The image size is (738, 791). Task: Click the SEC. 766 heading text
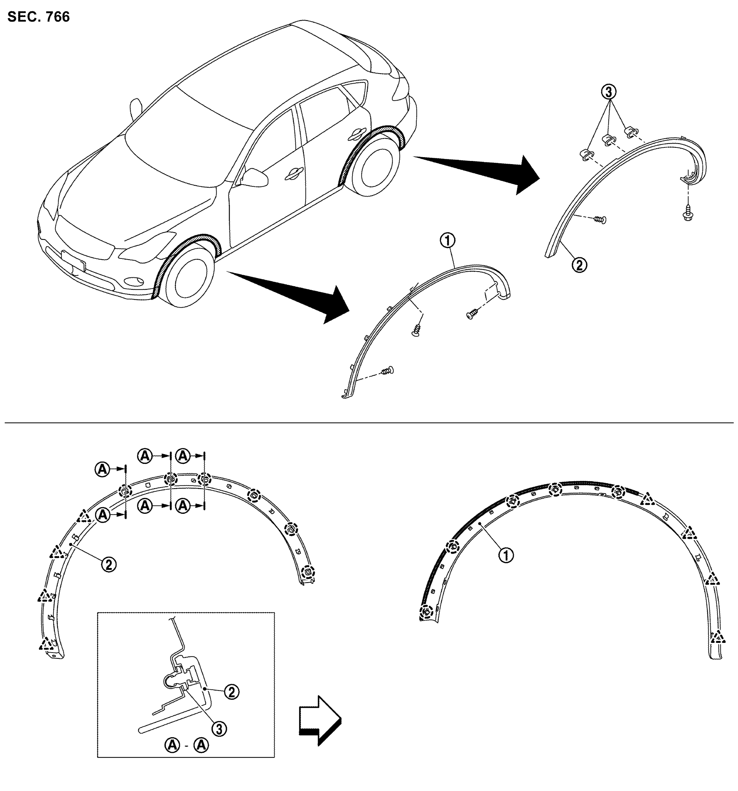[x=38, y=17]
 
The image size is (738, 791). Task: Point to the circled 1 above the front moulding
[x=448, y=240]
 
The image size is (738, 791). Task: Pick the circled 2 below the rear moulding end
[x=579, y=265]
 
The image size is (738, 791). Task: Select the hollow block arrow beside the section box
[x=320, y=721]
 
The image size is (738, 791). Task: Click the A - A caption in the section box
[x=186, y=745]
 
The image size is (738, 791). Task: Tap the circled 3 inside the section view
[x=219, y=729]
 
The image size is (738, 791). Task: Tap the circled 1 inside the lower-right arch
[x=506, y=555]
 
